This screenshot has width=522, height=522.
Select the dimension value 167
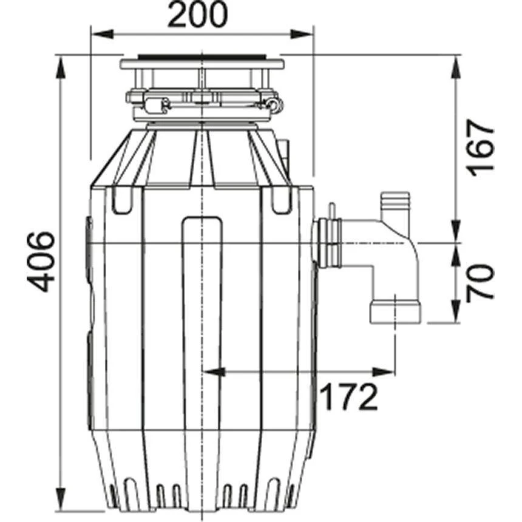481,147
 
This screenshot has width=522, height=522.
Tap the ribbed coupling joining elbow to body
328,245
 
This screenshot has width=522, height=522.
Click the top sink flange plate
202,62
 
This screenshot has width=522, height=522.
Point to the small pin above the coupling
333,209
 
